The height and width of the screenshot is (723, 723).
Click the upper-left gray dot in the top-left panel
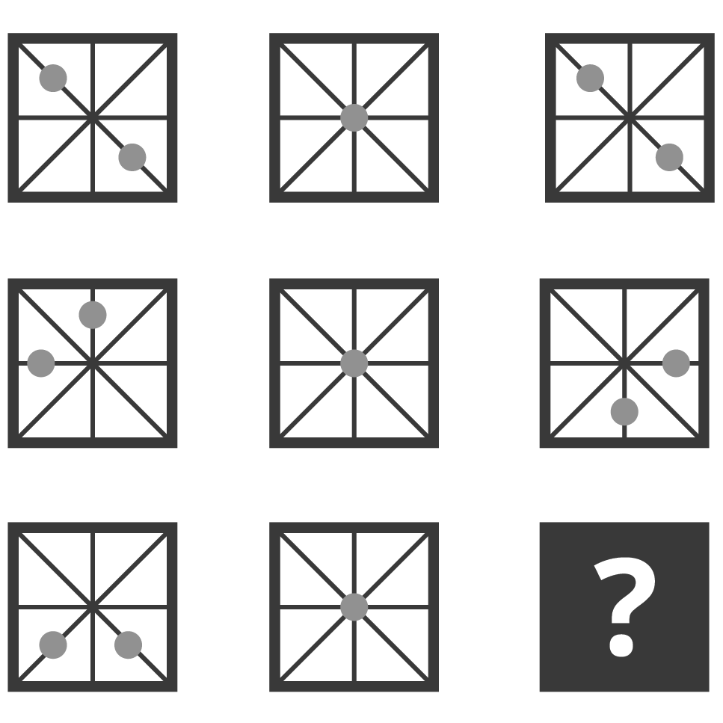53,78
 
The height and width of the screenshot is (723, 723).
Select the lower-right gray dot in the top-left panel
132,157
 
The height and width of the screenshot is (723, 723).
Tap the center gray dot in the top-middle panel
354,117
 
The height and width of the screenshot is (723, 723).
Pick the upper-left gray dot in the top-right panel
590,78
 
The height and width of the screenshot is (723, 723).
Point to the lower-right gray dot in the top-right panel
669,157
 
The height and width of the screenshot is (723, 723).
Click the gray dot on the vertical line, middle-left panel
93,315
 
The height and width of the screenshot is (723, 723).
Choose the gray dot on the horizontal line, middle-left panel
41,363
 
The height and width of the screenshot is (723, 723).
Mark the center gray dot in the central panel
354,363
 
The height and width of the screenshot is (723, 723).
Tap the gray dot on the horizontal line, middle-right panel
676,363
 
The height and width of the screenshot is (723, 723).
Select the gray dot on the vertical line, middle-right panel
624,412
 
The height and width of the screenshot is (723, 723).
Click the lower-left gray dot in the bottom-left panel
53,645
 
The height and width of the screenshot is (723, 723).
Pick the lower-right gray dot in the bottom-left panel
128,645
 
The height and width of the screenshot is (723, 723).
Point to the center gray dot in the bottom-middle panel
354,607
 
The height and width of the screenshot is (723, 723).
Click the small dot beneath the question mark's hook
621,645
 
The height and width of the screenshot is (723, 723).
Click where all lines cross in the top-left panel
93,117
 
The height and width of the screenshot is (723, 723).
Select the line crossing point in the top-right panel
630,117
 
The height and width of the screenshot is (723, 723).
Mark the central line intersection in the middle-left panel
93,363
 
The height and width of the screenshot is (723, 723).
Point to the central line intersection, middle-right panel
624,363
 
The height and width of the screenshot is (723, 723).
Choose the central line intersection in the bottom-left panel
93,607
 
